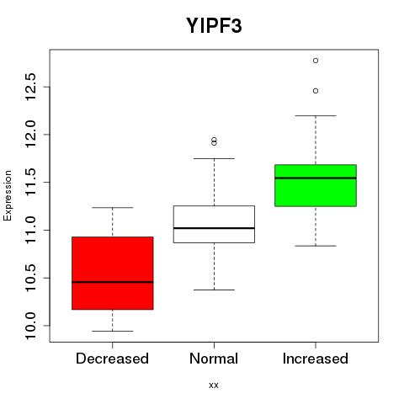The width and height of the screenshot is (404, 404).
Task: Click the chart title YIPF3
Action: click(214, 25)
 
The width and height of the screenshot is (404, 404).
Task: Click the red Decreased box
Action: click(113, 273)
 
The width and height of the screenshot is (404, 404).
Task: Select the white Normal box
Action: click(214, 224)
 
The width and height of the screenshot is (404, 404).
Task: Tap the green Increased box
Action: click(316, 185)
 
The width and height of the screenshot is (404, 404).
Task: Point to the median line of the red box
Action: click(113, 282)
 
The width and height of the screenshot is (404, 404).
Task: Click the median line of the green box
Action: click(316, 178)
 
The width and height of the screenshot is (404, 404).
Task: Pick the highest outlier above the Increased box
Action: click(316, 61)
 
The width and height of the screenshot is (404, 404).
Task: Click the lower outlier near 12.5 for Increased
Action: click(316, 91)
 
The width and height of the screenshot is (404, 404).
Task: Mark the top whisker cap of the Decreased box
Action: click(113, 208)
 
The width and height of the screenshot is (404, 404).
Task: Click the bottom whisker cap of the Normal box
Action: click(214, 290)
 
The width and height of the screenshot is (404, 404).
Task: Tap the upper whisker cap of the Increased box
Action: click(316, 115)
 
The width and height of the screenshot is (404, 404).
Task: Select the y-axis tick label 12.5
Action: click(30, 87)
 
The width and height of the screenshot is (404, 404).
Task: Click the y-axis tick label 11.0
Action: click(30, 230)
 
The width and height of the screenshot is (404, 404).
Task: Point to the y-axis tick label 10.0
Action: click(30, 326)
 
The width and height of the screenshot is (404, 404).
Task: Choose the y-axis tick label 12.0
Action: click(30, 135)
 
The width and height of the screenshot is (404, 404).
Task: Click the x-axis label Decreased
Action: click(112, 359)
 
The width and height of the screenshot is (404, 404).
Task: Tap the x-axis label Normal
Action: click(214, 359)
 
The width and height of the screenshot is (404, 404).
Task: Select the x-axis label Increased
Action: click(316, 359)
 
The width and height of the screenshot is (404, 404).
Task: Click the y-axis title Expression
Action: click(8, 195)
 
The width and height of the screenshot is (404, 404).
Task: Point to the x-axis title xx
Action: click(214, 385)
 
